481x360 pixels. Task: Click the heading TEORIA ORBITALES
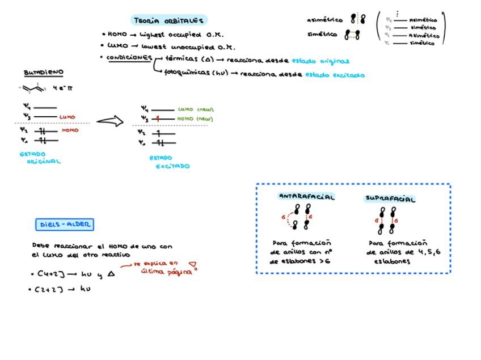coord(168,20)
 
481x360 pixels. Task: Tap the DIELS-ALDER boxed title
coord(65,225)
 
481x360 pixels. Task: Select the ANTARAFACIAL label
coord(306,197)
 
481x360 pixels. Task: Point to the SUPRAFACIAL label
coord(390,199)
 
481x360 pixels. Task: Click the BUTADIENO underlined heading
coord(44,73)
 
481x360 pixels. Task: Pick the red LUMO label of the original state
coord(67,117)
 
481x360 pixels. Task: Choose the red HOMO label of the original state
coord(70,130)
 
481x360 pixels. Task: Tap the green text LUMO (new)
coord(196,109)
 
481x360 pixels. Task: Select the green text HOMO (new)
coord(195,119)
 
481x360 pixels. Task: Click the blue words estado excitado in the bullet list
coord(335,74)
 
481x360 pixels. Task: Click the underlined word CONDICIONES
coord(129,58)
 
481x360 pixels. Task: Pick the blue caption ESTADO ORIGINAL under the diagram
coord(40,158)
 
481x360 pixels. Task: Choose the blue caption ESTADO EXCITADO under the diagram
coord(169,163)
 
